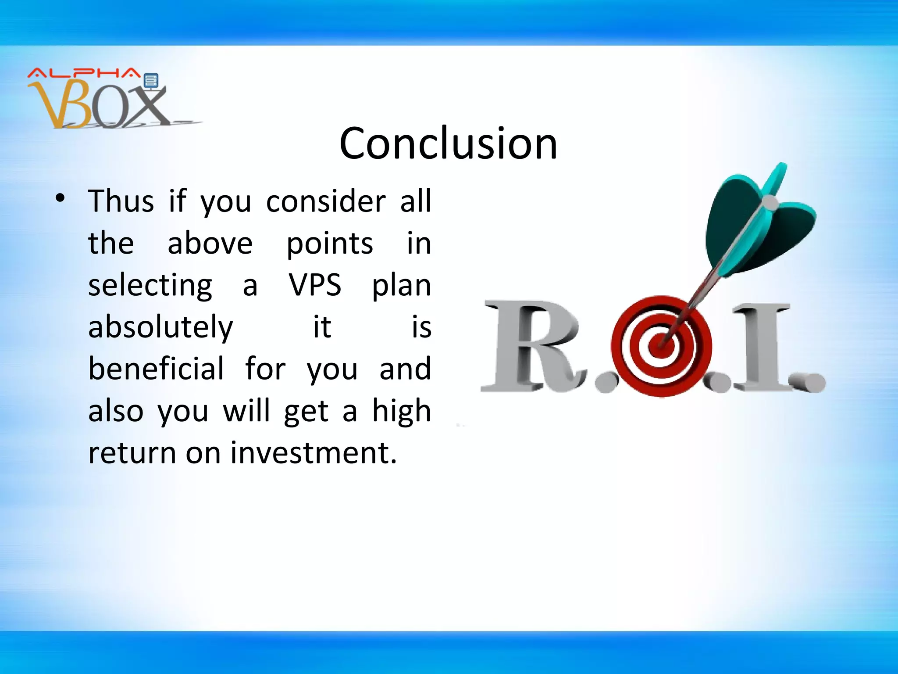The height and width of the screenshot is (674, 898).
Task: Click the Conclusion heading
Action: [448, 143]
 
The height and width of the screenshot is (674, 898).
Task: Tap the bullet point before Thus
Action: [60, 198]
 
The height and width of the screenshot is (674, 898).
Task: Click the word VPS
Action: [315, 285]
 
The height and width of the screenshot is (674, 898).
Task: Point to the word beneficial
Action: [156, 369]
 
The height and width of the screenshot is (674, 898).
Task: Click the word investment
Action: [314, 453]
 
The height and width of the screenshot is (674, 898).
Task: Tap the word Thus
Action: [121, 201]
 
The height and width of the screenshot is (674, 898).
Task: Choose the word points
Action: [330, 244]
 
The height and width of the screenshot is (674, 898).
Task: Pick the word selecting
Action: [150, 286]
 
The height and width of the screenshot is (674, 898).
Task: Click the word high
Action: [402, 411]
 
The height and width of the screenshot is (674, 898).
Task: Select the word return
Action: [132, 453]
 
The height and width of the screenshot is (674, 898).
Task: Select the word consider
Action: [326, 201]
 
